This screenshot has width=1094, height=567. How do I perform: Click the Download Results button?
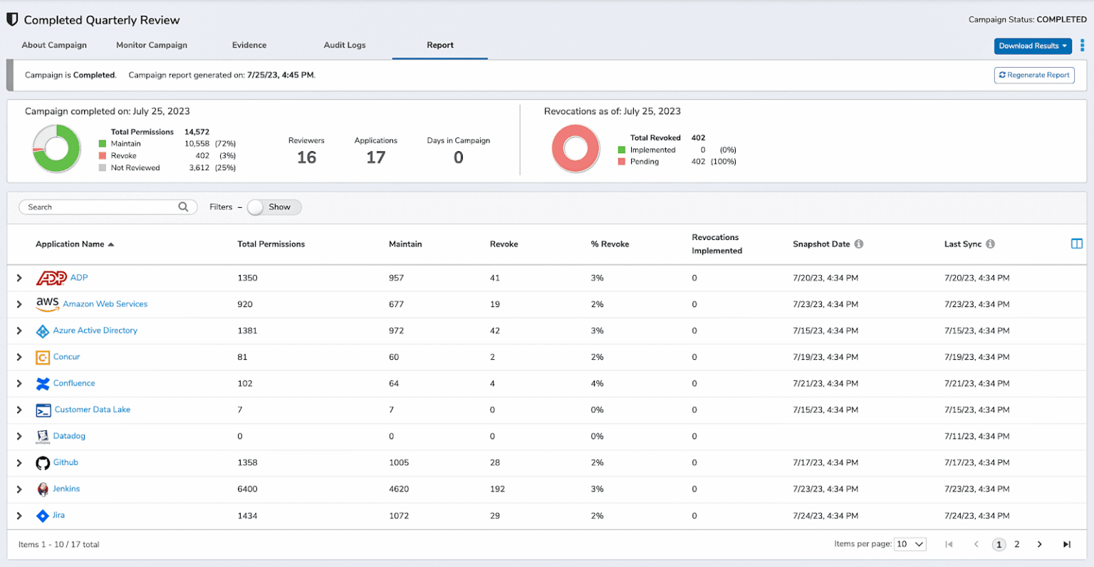coord(1032,46)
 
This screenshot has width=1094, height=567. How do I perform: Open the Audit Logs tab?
coord(344,45)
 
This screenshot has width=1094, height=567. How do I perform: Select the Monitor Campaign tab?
coord(152,45)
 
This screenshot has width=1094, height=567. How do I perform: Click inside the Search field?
coord(100,207)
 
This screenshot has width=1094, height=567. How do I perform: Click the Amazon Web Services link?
coord(105,304)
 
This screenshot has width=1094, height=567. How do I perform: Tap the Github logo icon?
coord(43,463)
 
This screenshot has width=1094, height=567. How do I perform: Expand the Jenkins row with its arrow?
coord(19,489)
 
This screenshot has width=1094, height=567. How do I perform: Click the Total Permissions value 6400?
coord(247,489)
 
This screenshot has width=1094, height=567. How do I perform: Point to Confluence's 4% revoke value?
coord(597,384)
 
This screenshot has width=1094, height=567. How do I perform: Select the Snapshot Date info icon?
coord(859,244)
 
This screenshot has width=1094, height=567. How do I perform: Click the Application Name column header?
coord(70,244)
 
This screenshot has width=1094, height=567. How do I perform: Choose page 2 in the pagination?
coord(1016,544)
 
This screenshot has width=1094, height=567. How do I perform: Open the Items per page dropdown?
coord(910,544)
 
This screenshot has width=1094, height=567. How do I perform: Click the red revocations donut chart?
coord(575,149)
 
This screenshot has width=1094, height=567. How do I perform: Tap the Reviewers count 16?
coord(306,157)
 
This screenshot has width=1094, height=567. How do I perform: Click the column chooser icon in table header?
coord(1076,244)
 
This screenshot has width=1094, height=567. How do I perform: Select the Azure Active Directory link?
coord(95,331)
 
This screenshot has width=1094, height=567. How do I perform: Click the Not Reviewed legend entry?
coord(135,168)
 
